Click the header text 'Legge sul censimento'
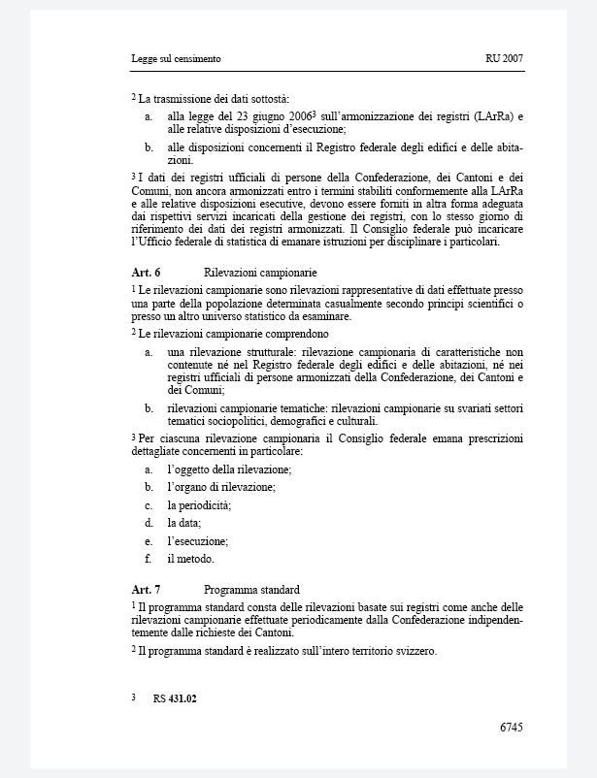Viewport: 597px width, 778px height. click(x=176, y=59)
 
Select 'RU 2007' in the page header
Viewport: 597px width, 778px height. click(x=504, y=59)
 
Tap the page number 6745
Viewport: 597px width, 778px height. click(x=512, y=726)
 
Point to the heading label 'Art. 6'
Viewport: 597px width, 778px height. click(x=146, y=273)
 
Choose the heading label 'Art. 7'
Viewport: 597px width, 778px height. click(x=146, y=589)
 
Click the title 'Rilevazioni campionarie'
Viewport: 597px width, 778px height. click(x=260, y=273)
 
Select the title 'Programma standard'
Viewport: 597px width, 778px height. click(x=251, y=589)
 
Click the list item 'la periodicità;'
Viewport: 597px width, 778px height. click(x=199, y=505)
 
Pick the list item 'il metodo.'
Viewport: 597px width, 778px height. click(x=190, y=559)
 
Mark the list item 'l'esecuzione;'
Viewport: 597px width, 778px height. click(x=197, y=541)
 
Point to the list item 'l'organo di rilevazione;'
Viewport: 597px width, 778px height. click(x=221, y=487)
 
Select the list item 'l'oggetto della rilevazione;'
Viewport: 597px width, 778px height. click(x=229, y=470)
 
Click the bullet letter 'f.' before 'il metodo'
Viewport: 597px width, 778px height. click(x=148, y=559)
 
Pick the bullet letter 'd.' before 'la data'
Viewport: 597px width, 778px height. click(x=149, y=523)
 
